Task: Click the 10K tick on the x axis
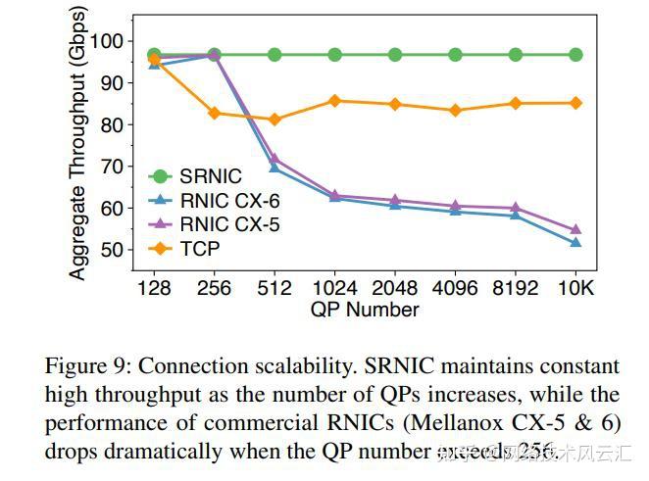[x=575, y=288]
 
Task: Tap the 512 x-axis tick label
[x=275, y=288]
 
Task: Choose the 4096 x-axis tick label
[x=455, y=288]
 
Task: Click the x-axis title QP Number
[x=365, y=310]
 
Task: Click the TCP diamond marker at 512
[x=275, y=120]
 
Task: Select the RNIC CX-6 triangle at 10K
[x=575, y=243]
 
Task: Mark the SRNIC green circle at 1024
[x=334, y=55]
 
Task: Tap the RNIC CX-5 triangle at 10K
[x=575, y=230]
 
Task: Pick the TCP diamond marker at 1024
[x=334, y=101]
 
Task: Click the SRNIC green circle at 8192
[x=516, y=55]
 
